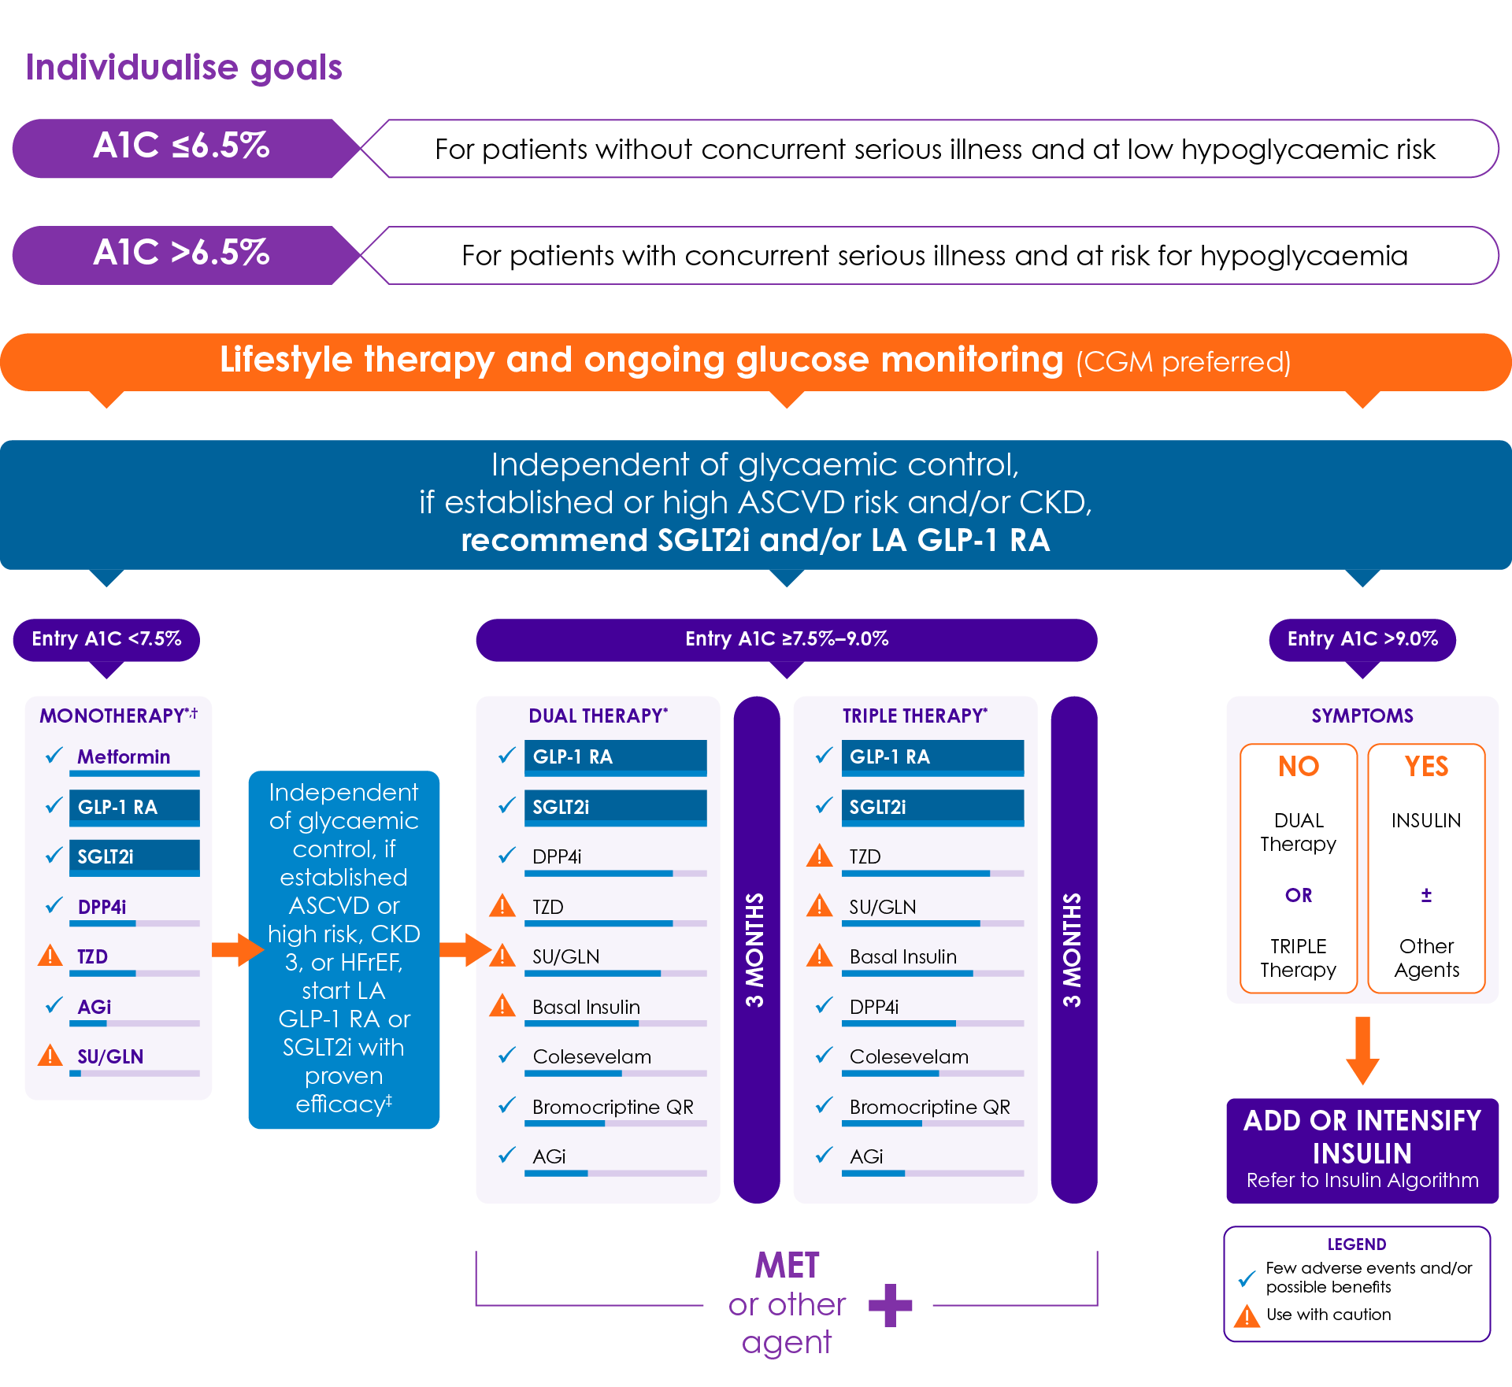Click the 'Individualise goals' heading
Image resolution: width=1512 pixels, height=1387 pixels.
tap(184, 68)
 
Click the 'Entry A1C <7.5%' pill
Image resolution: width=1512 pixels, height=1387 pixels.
tap(106, 639)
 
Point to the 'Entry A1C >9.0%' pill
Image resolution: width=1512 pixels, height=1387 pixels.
tap(1362, 639)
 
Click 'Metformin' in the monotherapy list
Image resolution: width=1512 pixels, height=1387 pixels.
tap(124, 756)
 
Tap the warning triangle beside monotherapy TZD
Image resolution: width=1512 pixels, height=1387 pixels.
tap(50, 956)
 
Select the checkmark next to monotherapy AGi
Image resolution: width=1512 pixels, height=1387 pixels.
tap(54, 1005)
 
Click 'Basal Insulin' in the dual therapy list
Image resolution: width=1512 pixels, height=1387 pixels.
tap(586, 1007)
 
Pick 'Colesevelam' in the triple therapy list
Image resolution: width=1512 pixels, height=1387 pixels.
tap(909, 1056)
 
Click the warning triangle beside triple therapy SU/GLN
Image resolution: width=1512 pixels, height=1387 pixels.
tap(820, 905)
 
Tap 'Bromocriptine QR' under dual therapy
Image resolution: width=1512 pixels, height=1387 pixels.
tap(613, 1107)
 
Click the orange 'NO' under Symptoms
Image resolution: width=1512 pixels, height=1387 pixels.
tap(1299, 766)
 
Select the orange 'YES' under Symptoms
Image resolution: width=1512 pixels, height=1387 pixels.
tap(1426, 766)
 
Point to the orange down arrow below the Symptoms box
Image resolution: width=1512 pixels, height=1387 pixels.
tap(1362, 1051)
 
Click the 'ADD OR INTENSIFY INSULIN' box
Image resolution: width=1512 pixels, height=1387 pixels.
tap(1362, 1151)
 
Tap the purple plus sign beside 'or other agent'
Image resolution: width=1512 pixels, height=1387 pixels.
tap(890, 1305)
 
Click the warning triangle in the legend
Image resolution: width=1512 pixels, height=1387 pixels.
tap(1247, 1315)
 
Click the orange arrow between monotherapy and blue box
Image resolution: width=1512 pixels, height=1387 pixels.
tap(238, 949)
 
